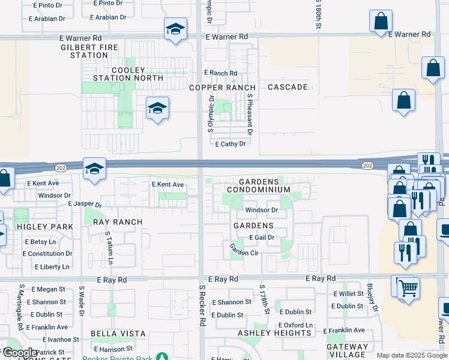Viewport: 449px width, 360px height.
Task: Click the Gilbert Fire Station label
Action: (x=89, y=50)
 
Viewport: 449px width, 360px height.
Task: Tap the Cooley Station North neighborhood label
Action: (x=128, y=74)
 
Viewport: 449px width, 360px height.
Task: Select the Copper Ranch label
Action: (x=223, y=88)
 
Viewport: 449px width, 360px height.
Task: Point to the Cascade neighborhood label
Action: (x=288, y=87)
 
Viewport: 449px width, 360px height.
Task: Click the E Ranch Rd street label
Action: (x=220, y=73)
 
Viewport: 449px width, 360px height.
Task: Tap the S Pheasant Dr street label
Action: (x=249, y=117)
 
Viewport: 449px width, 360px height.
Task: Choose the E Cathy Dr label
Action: (x=231, y=144)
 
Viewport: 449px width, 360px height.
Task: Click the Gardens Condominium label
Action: (x=264, y=185)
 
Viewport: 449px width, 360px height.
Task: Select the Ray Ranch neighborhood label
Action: (x=118, y=222)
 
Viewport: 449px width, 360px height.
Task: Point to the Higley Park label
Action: (x=44, y=227)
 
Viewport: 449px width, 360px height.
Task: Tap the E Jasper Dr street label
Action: (x=85, y=205)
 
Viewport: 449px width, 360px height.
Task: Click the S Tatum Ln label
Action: (x=109, y=248)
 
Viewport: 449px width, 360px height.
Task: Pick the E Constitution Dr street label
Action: (x=47, y=254)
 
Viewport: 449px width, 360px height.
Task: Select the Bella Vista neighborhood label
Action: (x=118, y=334)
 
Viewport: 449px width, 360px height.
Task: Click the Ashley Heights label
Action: (x=266, y=334)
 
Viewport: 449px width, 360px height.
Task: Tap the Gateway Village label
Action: (x=348, y=351)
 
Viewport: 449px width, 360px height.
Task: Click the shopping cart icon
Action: (x=408, y=288)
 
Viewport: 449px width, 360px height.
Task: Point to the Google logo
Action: (x=20, y=353)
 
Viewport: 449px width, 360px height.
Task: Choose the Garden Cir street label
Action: (x=244, y=253)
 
